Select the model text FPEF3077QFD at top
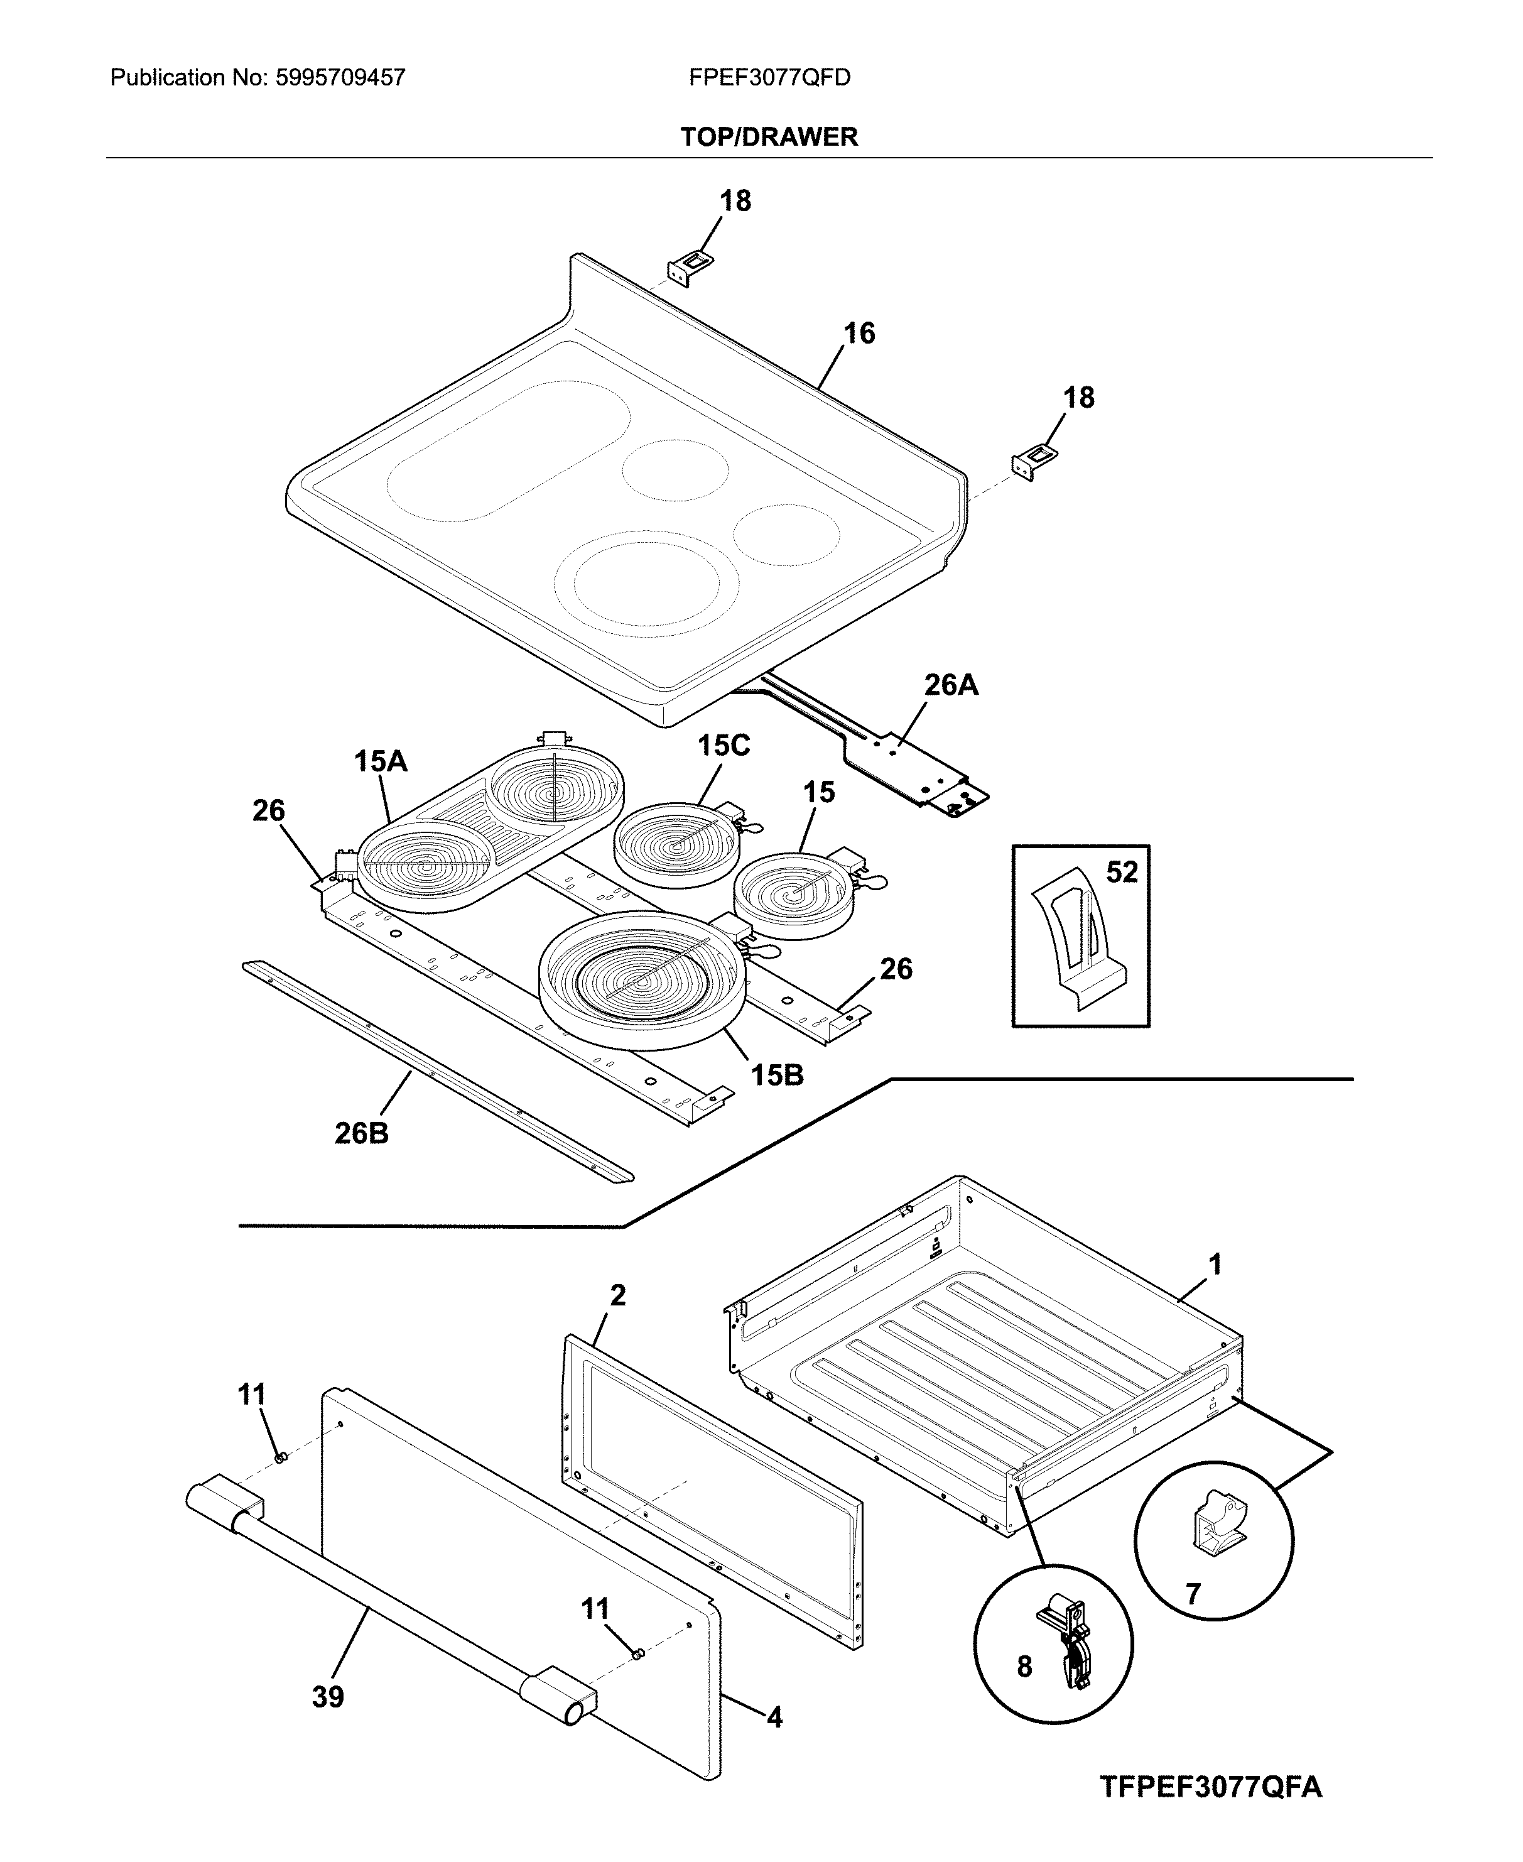coord(769,78)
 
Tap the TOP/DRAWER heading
coord(769,137)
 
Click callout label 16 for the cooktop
coord(859,334)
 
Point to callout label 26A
coord(951,685)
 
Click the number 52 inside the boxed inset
coord(1121,872)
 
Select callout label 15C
coord(724,746)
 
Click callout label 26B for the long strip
coord(362,1134)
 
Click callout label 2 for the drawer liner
coord(617,1295)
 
